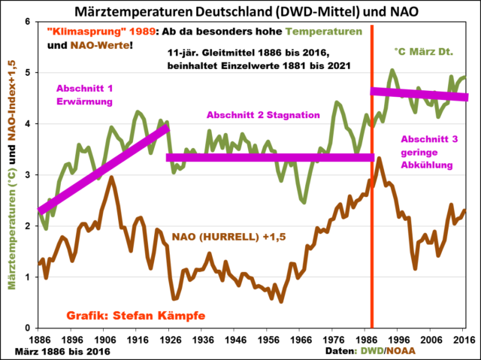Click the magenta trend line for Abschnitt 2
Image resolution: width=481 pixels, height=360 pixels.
pyautogui.click(x=271, y=157)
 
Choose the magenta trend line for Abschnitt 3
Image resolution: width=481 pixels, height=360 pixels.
pyautogui.click(x=420, y=94)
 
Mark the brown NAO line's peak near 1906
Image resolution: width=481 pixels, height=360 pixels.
pyautogui.click(x=111, y=177)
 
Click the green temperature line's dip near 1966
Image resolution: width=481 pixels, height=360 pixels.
pyautogui.click(x=303, y=201)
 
